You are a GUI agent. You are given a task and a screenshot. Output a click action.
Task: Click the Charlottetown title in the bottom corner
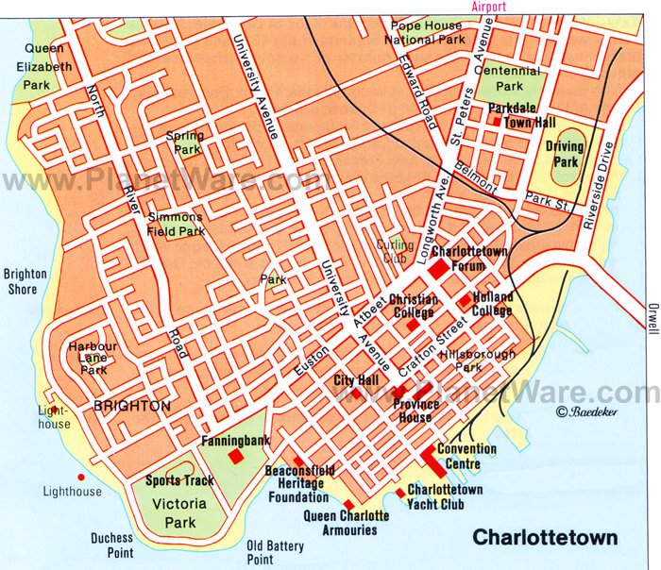coord(545,540)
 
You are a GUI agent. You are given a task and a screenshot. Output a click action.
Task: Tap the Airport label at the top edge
coord(483,6)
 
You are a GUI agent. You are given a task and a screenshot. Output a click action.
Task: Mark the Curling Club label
coord(396,251)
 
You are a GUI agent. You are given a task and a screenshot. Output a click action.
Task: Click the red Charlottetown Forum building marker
coord(438,269)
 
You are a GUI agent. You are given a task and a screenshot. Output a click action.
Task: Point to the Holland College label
coord(492,304)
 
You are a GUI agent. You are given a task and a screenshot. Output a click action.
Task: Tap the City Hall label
coord(356,380)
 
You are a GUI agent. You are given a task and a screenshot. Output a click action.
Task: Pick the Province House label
coord(415,411)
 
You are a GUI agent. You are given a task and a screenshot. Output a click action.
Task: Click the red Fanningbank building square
coord(235,457)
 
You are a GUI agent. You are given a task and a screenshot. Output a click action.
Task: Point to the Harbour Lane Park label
coord(93,357)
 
